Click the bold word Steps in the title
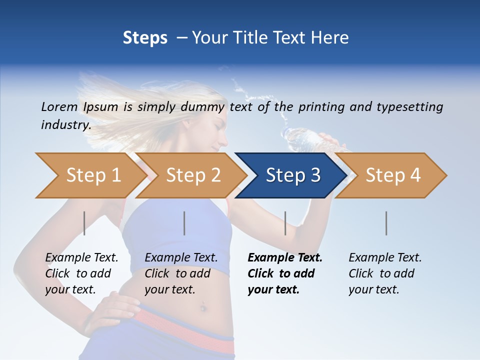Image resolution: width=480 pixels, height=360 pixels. click(x=145, y=38)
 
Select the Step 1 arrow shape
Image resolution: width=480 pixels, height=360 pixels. click(x=90, y=175)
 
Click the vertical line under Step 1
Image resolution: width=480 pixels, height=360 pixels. click(x=84, y=223)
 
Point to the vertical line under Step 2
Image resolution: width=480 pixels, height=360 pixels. click(x=184, y=223)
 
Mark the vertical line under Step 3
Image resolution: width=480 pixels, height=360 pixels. click(x=285, y=223)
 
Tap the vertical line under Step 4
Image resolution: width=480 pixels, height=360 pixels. click(x=386, y=223)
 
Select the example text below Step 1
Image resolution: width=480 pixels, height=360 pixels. click(x=81, y=273)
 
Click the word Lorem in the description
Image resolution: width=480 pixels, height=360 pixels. click(x=59, y=107)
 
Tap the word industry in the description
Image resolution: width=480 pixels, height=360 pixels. click(x=65, y=125)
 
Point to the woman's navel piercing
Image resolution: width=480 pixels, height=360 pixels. click(x=203, y=306)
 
